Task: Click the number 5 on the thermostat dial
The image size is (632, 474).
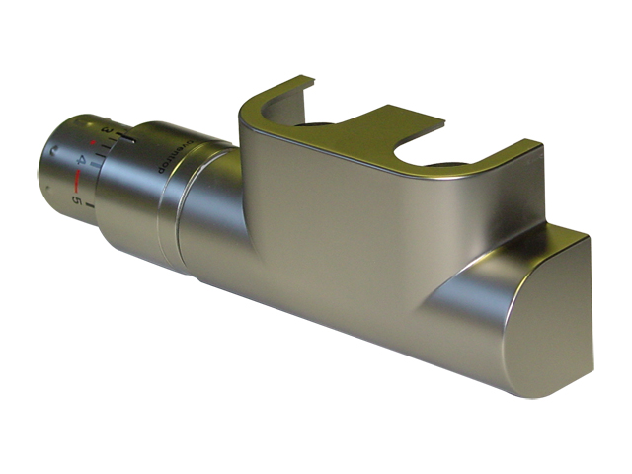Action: pos(76,200)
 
